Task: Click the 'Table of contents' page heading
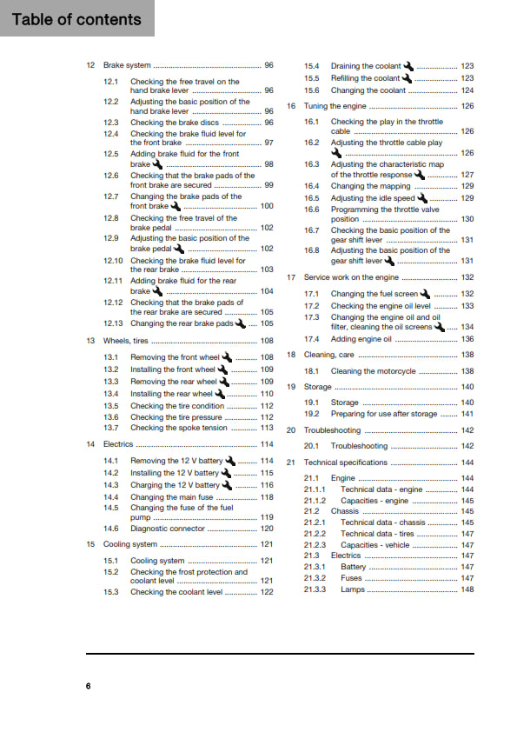coord(76,19)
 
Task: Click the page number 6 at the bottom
coord(88,686)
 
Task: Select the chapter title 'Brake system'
coord(127,65)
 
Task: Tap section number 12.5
coord(111,154)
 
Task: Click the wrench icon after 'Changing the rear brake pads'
coord(241,323)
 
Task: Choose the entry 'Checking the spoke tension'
coord(178,428)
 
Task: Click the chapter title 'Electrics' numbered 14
coord(118,444)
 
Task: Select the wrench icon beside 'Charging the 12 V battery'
coord(229,485)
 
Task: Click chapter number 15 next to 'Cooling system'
coord(91,544)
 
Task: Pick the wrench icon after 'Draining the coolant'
coord(409,66)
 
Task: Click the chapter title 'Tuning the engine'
coord(335,106)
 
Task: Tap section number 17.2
coord(312,306)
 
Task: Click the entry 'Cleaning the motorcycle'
coord(374,371)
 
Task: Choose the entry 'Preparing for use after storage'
coord(383,415)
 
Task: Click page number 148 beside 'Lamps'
coord(467,589)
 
